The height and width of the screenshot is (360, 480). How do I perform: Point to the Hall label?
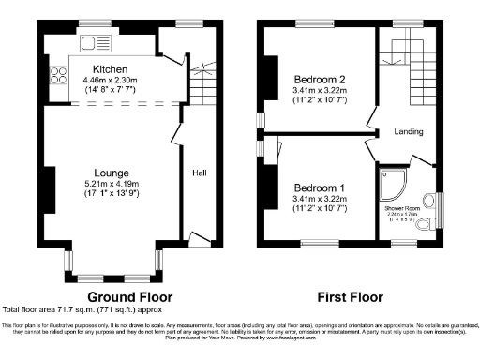(200, 172)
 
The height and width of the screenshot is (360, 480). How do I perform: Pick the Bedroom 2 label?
(320, 79)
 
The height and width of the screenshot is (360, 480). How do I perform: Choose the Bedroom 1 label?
(320, 187)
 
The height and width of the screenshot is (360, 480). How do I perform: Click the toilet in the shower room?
(430, 199)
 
